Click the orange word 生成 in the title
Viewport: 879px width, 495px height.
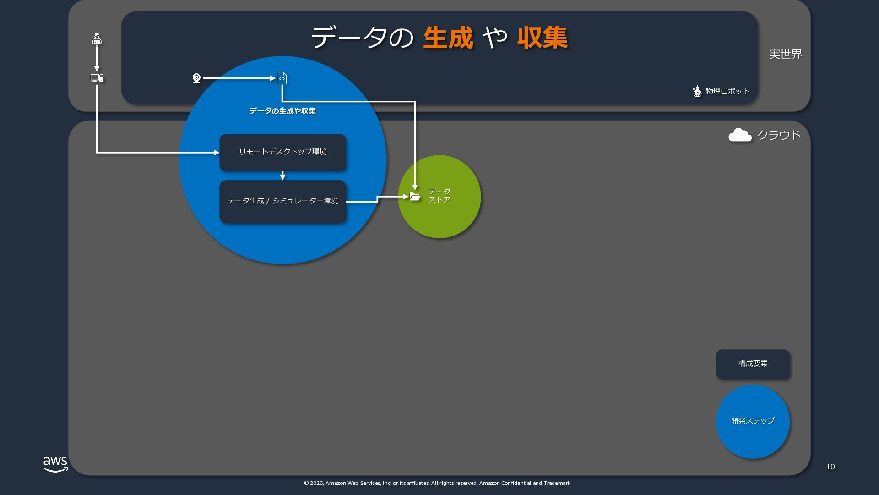click(x=448, y=38)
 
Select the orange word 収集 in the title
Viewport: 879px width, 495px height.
click(x=543, y=38)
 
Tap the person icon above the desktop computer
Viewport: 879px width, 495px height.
click(x=97, y=39)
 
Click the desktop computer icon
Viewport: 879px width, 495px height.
click(x=97, y=78)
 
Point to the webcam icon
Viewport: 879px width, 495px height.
click(x=196, y=78)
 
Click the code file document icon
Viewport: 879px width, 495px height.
click(x=282, y=78)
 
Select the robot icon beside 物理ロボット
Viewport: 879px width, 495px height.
click(x=697, y=91)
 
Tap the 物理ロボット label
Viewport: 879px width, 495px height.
click(x=727, y=91)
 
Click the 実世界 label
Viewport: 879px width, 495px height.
click(x=786, y=54)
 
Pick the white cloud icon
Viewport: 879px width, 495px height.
click(x=740, y=135)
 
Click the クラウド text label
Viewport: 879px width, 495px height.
click(x=779, y=135)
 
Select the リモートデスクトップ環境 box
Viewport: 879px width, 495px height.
click(x=282, y=152)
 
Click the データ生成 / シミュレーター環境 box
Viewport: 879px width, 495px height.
click(x=282, y=201)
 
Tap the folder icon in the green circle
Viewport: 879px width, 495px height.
click(x=415, y=197)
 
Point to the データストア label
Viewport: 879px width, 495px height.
click(x=439, y=196)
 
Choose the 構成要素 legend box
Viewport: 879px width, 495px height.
click(x=753, y=364)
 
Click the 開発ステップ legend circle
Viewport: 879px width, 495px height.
click(x=753, y=421)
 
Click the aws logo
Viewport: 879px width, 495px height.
click(x=55, y=464)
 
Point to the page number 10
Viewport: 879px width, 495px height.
click(x=830, y=467)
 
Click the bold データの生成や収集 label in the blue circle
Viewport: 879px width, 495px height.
click(x=282, y=111)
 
